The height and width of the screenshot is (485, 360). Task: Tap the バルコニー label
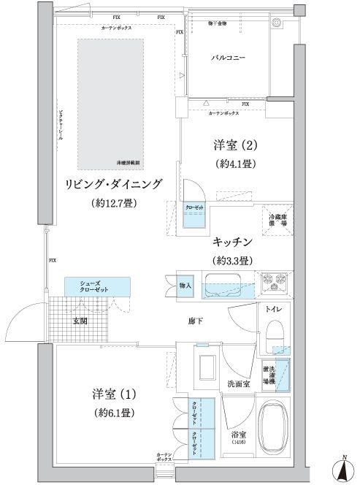pos(228,56)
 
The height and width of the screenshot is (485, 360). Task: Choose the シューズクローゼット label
pos(96,286)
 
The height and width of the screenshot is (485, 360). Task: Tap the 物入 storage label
pos(185,285)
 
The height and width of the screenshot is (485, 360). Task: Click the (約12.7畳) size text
pos(116,202)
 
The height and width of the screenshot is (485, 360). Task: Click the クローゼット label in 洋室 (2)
pos(194,207)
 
